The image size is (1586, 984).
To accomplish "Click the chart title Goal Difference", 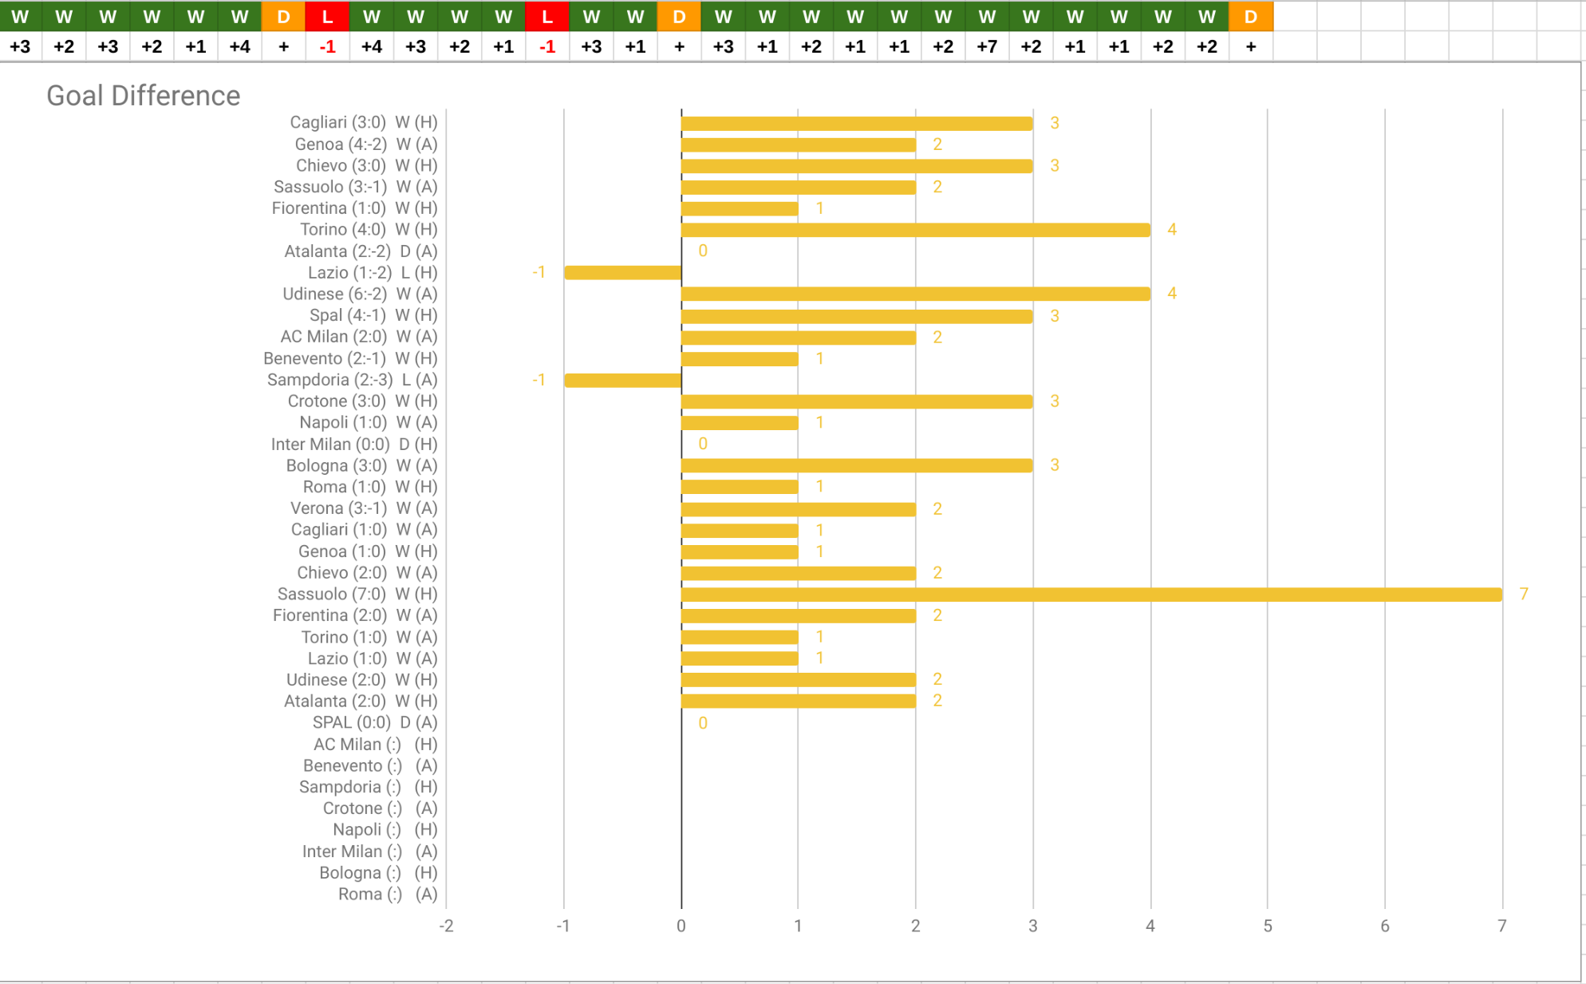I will coord(144,96).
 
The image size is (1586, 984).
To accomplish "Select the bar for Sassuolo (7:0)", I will coord(1091,595).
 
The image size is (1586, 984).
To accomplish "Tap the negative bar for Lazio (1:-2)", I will coord(622,273).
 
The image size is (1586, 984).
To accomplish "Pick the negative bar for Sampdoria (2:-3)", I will coord(622,380).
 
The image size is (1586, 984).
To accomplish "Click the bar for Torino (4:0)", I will coord(915,230).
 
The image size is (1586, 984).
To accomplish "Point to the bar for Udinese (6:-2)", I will coord(915,294).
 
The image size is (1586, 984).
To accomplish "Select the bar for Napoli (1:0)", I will coord(740,423).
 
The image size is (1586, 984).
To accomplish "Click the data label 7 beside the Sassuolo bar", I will coord(1523,594).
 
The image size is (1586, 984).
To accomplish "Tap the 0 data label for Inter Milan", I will coord(703,444).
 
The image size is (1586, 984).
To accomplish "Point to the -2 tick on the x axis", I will coord(446,926).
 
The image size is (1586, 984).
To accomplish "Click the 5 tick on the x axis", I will coord(1268,926).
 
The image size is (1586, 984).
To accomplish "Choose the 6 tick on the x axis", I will coord(1385,926).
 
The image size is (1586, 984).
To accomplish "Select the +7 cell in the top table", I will coord(987,46).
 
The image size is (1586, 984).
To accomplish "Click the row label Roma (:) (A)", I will coord(387,894).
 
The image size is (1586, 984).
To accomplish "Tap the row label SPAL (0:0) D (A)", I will coord(374,722).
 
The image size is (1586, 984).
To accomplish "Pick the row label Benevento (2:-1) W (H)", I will coord(350,358).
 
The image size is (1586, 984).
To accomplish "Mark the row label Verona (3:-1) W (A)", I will coord(364,508).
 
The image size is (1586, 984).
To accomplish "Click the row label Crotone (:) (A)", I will coord(380,808).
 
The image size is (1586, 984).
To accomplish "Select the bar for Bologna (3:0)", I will coord(856,465).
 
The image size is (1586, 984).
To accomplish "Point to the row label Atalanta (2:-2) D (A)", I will coord(361,251).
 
